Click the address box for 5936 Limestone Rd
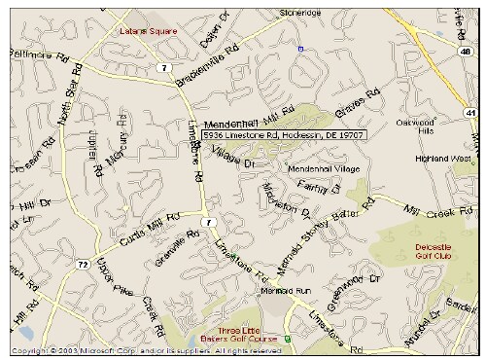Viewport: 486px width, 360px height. point(284,135)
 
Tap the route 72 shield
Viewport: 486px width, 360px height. point(84,264)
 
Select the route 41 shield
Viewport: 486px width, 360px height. point(470,114)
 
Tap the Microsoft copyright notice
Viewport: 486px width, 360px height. point(136,350)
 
